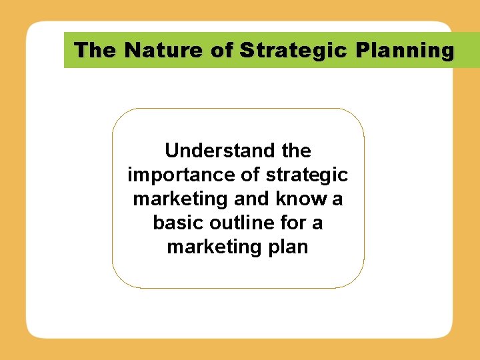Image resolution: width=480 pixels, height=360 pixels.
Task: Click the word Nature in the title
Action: click(156, 50)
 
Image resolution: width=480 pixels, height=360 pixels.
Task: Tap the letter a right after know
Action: click(337, 199)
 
